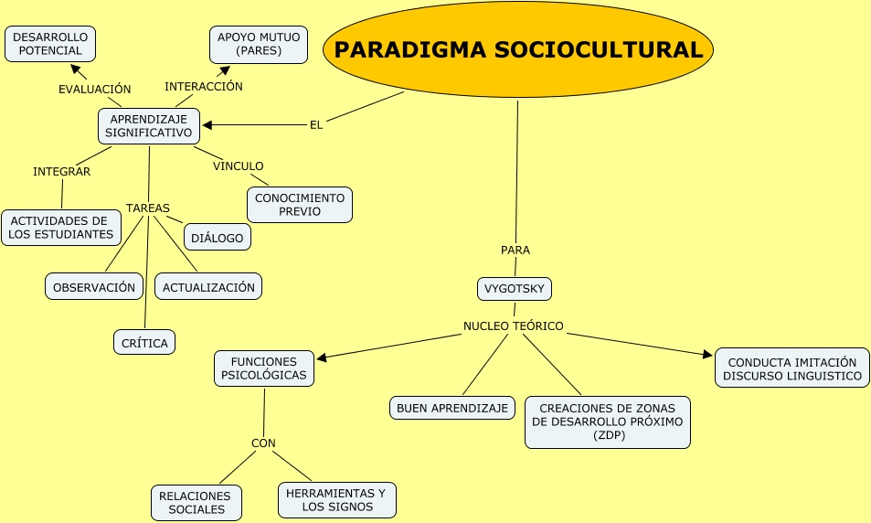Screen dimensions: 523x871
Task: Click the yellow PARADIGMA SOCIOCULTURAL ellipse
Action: [518, 49]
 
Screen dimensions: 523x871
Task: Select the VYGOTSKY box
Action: [515, 289]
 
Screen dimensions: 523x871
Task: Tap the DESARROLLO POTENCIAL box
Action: [50, 44]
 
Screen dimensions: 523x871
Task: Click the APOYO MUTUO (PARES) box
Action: [258, 44]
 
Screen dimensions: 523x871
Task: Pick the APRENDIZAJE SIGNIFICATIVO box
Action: [149, 126]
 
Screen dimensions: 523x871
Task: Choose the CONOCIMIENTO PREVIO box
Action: [300, 205]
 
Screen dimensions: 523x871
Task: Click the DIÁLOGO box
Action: [218, 238]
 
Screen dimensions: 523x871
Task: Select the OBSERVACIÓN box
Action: [94, 287]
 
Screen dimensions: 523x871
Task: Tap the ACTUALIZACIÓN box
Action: [208, 287]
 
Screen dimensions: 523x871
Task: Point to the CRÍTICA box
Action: [144, 343]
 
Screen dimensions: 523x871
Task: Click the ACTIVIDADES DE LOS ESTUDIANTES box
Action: [61, 228]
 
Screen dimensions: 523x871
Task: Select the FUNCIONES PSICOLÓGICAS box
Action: [264, 368]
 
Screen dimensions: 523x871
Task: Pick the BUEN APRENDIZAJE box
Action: [452, 408]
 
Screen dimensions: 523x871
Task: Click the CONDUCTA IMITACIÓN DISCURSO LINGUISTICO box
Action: [792, 368]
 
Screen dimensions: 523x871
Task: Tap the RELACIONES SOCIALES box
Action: [197, 503]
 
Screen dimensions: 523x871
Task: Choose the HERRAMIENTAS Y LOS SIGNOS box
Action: [337, 500]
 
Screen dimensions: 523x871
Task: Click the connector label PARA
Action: [515, 250]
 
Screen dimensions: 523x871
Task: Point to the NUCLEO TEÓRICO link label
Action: [514, 326]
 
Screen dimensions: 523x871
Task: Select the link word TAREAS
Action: [148, 208]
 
